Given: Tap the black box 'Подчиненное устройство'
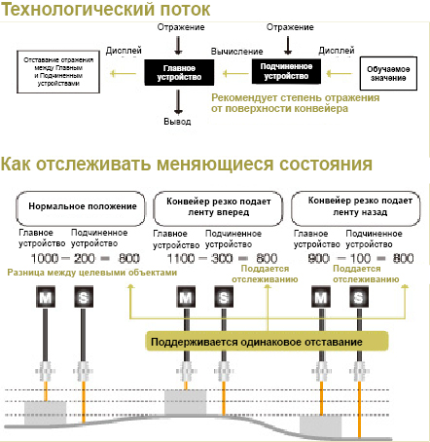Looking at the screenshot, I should click(286, 71).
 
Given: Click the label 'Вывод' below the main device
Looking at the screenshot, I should click(177, 123).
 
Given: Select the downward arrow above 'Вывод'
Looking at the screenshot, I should click(177, 102).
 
